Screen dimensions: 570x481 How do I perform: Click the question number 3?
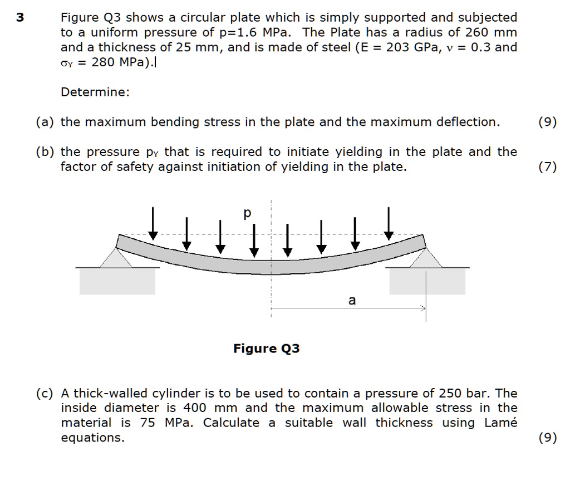coord(20,18)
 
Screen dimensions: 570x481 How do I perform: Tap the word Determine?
coord(95,92)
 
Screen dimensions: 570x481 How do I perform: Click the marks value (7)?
coord(547,167)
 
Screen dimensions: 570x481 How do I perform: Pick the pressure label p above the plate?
coord(248,213)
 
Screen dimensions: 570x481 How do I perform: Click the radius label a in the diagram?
coord(351,301)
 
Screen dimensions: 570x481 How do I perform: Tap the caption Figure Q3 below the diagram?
coord(266,349)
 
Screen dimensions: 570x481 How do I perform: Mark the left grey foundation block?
coord(117,281)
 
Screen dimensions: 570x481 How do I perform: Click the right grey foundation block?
coord(427,281)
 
